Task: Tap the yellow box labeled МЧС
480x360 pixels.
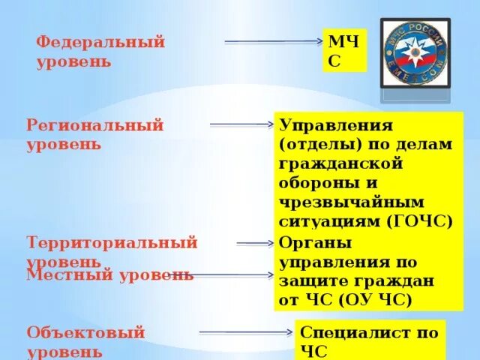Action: [x=345, y=50]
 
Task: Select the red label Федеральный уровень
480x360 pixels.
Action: [x=100, y=52]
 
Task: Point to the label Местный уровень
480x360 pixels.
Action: [x=109, y=274]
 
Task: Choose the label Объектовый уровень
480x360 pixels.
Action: [x=85, y=341]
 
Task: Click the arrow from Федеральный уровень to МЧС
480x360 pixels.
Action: [x=273, y=42]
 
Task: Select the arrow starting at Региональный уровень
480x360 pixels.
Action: [x=241, y=124]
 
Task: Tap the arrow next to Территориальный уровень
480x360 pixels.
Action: [x=256, y=243]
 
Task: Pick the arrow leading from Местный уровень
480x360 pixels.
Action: [x=225, y=275]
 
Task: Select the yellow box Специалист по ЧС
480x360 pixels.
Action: [x=370, y=340]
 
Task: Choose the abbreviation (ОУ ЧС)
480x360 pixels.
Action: [x=375, y=300]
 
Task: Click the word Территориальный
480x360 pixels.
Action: [x=112, y=243]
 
